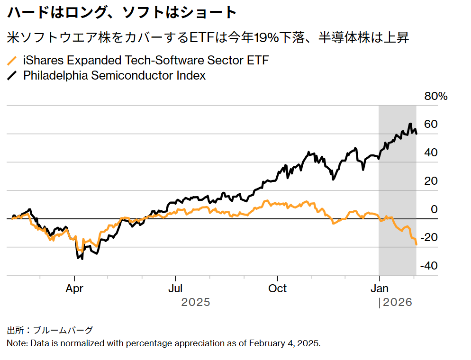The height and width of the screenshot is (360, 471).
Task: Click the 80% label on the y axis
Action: [435, 97]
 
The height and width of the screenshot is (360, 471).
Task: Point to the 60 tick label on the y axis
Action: [431, 125]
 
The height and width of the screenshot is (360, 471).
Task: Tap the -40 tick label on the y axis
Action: [429, 266]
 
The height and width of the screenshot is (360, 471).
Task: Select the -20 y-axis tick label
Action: [429, 237]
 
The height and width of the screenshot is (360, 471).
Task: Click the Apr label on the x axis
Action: [74, 288]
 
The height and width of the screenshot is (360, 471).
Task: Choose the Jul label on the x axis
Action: [175, 288]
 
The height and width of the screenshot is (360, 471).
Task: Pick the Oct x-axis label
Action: [277, 288]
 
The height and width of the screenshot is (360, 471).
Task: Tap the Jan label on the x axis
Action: [379, 288]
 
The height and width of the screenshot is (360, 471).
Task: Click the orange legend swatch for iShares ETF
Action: [12, 61]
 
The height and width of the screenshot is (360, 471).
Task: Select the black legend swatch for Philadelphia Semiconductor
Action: [12, 75]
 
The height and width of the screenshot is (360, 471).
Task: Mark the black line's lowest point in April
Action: [82, 259]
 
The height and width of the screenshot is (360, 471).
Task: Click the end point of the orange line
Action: [416, 244]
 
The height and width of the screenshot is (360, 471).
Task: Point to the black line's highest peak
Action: [410, 124]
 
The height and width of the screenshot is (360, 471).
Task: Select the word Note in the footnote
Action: [17, 343]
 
